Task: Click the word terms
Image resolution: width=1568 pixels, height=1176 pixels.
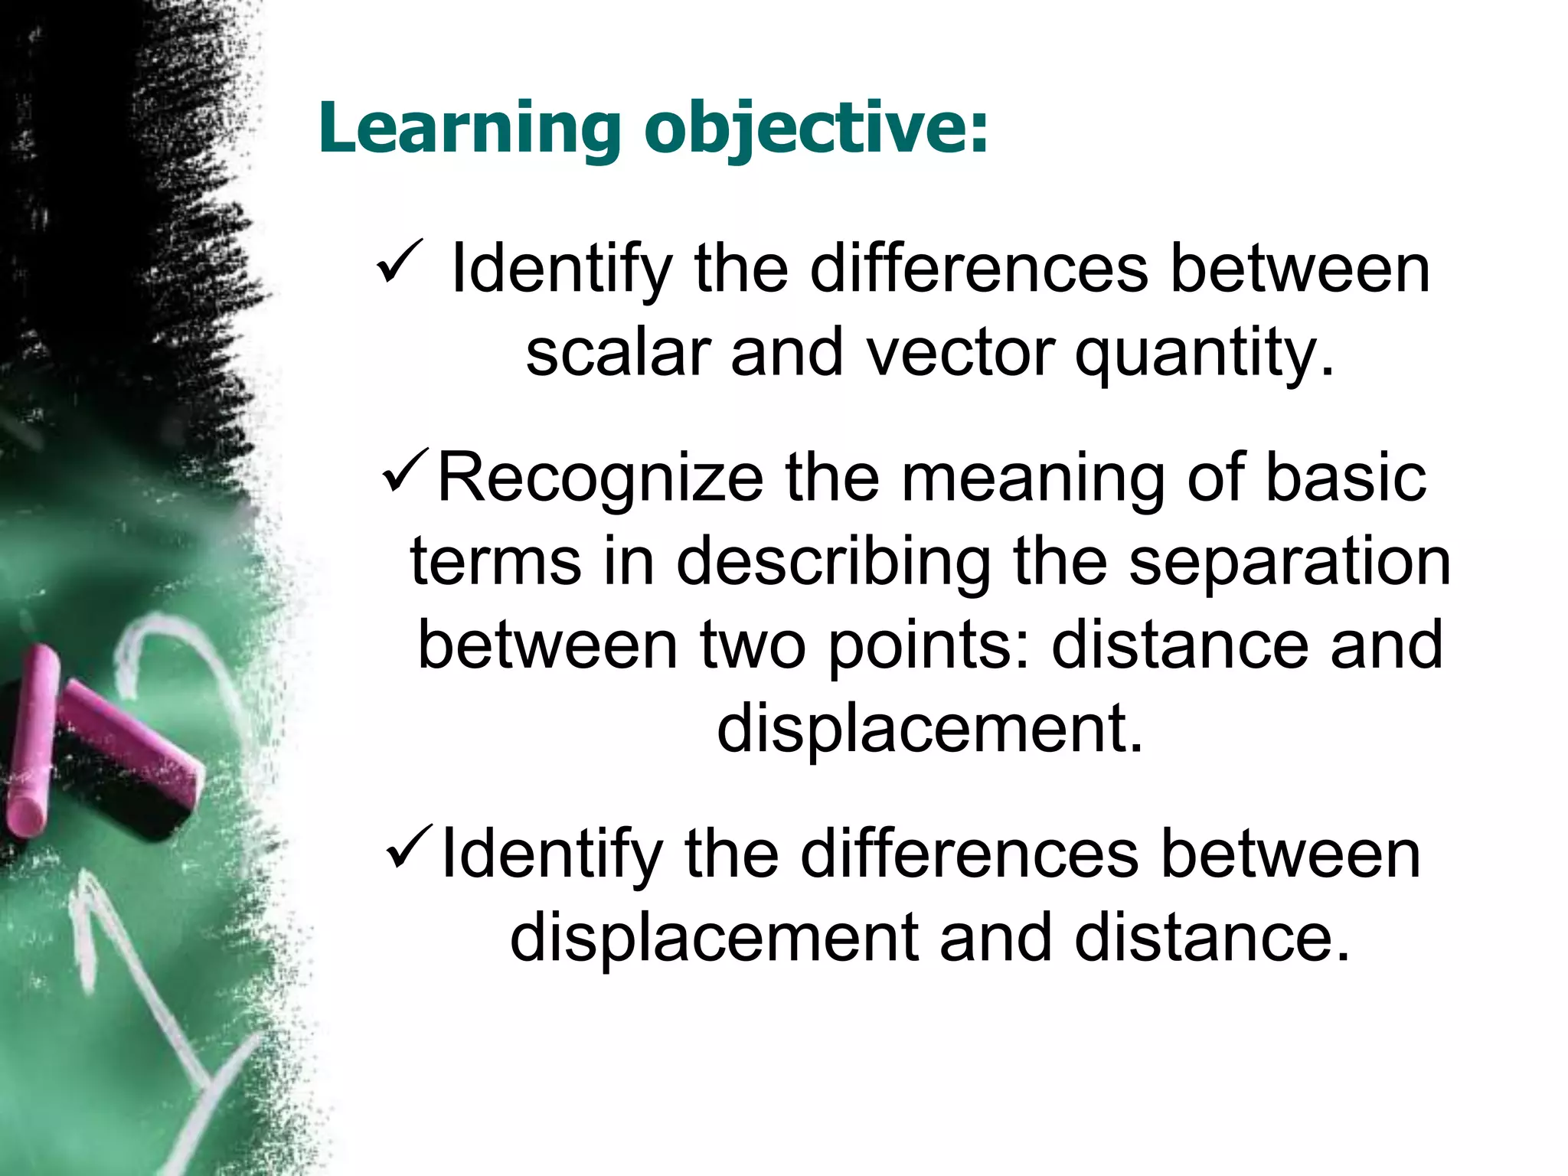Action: tap(495, 562)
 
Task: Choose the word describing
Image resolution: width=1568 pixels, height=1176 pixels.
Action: tap(834, 563)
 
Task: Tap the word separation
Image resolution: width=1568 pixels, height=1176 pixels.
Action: tap(1289, 563)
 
